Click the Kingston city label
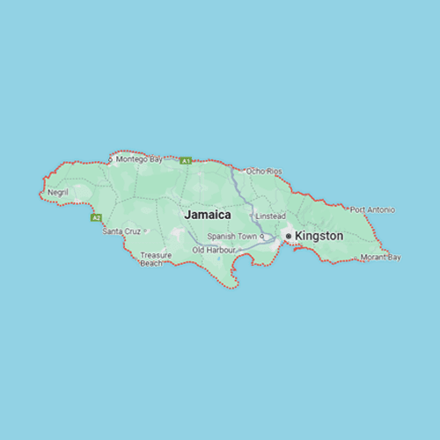[x=319, y=236]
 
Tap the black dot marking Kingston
[x=288, y=236]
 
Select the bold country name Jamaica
[x=208, y=215]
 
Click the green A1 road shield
[x=186, y=161]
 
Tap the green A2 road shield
[x=96, y=217]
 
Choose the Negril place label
[x=58, y=191]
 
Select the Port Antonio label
[x=373, y=209]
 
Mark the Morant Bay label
[x=381, y=257]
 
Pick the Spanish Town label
[x=231, y=237]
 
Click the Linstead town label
[x=270, y=216]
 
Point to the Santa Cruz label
[x=121, y=231]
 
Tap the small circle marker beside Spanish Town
[x=261, y=237]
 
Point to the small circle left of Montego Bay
[x=110, y=159]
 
